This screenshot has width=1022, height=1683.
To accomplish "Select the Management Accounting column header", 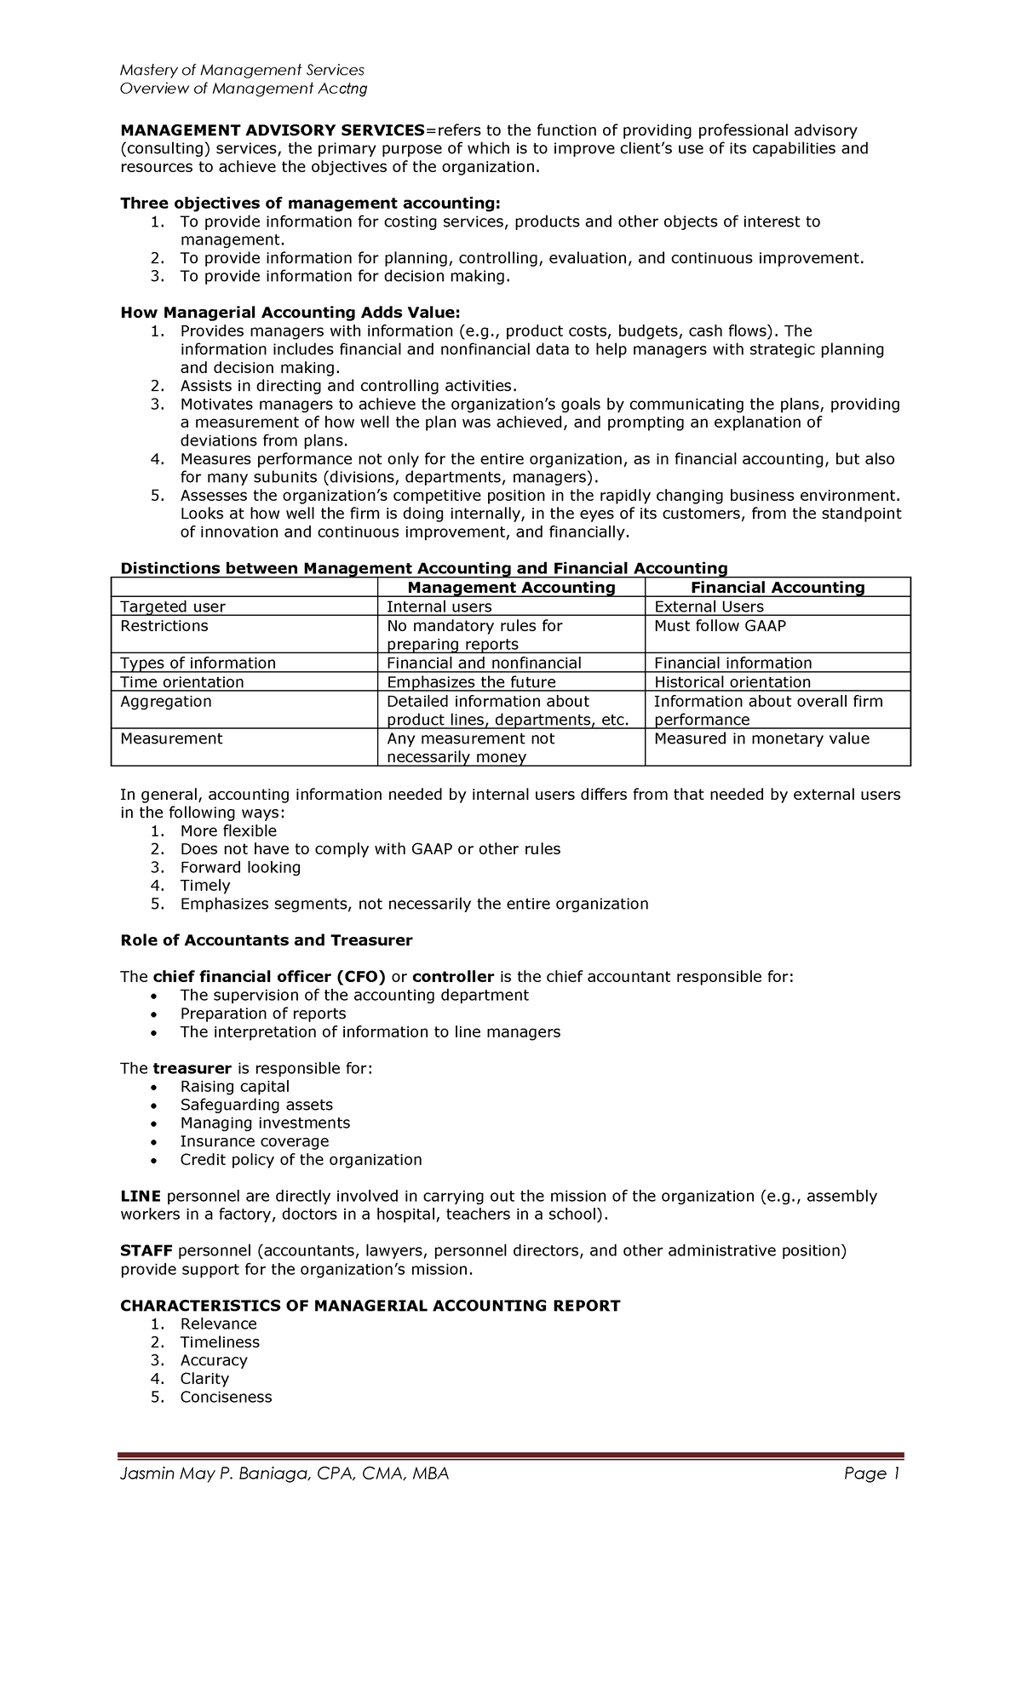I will (x=511, y=588).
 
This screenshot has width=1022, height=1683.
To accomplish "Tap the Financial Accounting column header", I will (x=778, y=588).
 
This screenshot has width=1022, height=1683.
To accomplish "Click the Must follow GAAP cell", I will (x=720, y=626).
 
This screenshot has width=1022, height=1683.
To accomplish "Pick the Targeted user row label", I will (x=173, y=606).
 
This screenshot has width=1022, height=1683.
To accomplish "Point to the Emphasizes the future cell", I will (x=471, y=682).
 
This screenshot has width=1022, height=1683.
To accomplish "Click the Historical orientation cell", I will (x=732, y=682).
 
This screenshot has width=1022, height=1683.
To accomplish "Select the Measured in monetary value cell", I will (x=761, y=738).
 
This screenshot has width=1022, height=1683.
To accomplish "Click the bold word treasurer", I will (x=192, y=1068).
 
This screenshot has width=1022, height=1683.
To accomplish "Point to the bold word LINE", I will (x=141, y=1196).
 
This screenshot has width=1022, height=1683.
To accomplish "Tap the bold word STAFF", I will (x=146, y=1250).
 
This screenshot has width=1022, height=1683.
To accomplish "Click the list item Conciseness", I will (x=226, y=1397).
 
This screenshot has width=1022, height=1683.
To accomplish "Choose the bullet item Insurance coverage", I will (x=254, y=1141).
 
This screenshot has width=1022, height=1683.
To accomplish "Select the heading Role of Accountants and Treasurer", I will (x=266, y=940).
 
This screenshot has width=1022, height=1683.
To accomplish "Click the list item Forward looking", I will (x=240, y=867).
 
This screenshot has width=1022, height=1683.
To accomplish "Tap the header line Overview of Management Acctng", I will (x=244, y=89).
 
